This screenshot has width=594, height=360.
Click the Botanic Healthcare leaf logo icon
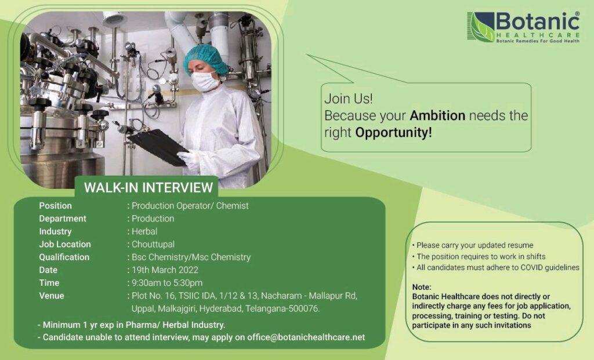point(481,27)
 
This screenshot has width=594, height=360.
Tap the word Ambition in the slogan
point(437,115)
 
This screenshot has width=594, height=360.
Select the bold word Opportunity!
point(394,133)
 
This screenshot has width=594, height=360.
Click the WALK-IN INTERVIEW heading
point(148,187)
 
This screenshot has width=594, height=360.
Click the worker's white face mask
point(205,81)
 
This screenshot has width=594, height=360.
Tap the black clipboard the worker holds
point(158,147)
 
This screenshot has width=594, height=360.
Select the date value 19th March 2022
point(165,270)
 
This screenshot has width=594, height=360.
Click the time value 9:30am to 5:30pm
point(167,283)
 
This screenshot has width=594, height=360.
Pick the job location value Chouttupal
point(153,244)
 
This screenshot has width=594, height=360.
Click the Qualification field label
point(64,257)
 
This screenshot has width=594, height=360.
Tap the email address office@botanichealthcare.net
point(306,337)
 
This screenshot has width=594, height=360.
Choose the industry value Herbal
point(144,231)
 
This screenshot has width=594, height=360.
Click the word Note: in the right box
point(422,287)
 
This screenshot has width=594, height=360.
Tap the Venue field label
point(52,296)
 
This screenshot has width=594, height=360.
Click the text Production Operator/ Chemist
point(190,206)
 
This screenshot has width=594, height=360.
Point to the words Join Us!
point(349,99)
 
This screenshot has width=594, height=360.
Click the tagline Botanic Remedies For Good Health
point(538,41)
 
